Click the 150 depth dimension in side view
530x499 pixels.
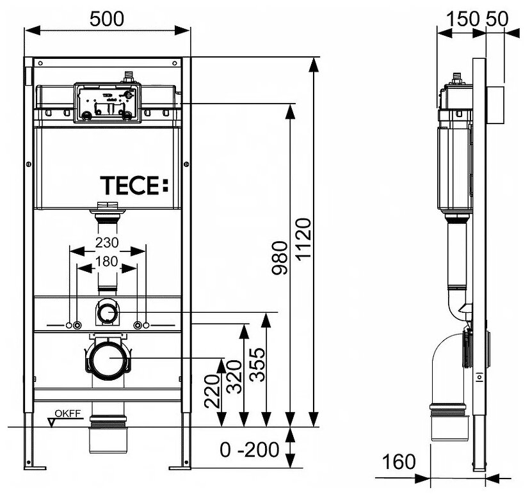point(463,19)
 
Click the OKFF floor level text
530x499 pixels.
point(68,413)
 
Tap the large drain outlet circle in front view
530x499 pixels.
point(108,361)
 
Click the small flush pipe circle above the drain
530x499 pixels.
point(108,314)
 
